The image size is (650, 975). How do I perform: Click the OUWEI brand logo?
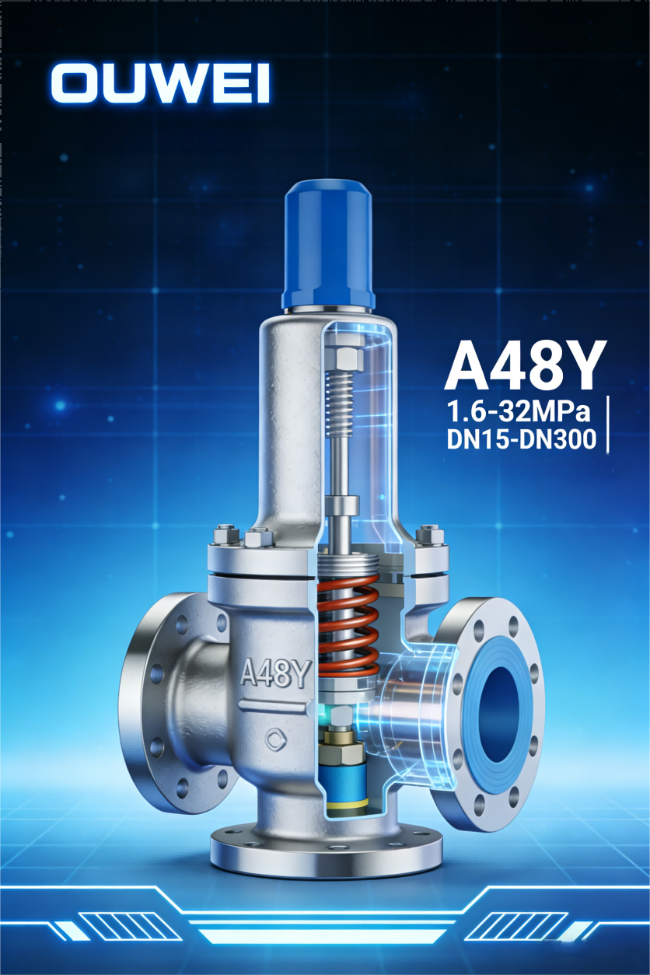point(160,83)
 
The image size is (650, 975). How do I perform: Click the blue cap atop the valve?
point(330,243)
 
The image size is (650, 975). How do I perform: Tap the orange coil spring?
point(348,627)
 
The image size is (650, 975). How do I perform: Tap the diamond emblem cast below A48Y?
point(275,739)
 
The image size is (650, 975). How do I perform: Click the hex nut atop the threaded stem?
point(347,358)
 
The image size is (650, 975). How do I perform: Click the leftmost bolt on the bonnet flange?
point(224,536)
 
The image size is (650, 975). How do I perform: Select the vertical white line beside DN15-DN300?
point(606,424)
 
